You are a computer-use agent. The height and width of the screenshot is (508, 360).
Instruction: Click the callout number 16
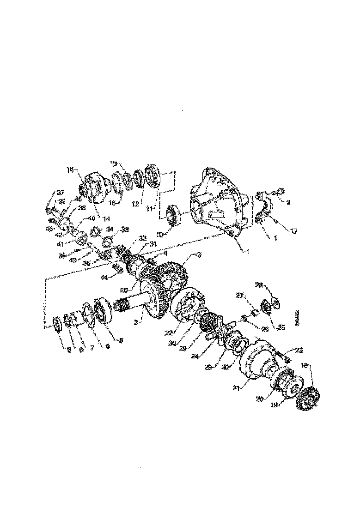pyautogui.click(x=69, y=169)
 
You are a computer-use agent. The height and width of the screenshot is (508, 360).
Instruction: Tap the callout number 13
pyautogui.click(x=114, y=163)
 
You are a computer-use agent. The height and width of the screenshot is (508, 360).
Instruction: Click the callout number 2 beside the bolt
pyautogui.click(x=288, y=201)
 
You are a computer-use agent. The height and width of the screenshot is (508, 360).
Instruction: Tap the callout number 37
pyautogui.click(x=60, y=192)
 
